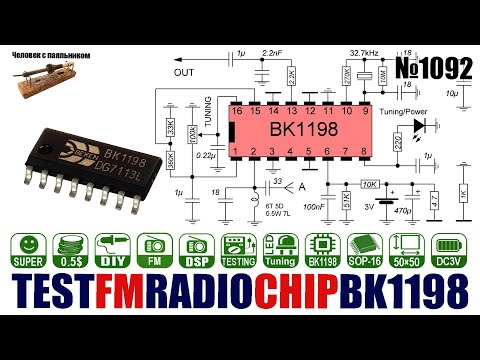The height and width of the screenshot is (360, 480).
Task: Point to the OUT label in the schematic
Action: [183, 72]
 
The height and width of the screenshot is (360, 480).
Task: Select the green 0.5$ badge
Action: [71, 250]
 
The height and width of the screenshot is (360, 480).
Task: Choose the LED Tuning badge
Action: [281, 250]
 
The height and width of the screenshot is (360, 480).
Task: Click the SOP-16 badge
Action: [367, 250]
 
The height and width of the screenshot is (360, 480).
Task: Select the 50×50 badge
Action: [409, 250]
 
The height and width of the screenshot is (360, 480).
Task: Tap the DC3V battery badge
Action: [452, 250]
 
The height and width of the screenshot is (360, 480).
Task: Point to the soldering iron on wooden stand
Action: [40, 79]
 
